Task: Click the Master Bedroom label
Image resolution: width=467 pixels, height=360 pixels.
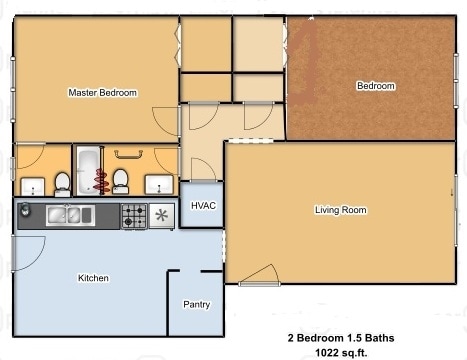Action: coord(102,92)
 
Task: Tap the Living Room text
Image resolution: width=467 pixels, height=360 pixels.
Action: coord(340,210)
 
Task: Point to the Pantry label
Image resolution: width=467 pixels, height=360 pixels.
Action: coord(196,304)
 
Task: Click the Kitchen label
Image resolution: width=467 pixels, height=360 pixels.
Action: coord(93,278)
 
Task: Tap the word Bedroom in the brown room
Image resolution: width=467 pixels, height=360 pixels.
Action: coord(375,86)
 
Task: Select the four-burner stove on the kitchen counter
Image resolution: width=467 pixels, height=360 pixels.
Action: coord(134,214)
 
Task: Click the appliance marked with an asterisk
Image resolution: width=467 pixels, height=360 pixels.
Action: coord(161,215)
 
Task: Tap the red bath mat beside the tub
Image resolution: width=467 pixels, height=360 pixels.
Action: coord(101,181)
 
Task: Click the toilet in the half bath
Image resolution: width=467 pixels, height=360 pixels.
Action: coord(62,183)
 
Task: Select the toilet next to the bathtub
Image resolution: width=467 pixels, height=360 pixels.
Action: coord(121,181)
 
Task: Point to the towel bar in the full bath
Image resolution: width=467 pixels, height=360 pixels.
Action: coord(127,154)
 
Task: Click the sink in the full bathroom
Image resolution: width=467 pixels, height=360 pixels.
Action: coord(158,186)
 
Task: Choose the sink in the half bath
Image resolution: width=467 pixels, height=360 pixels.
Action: coord(31,186)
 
